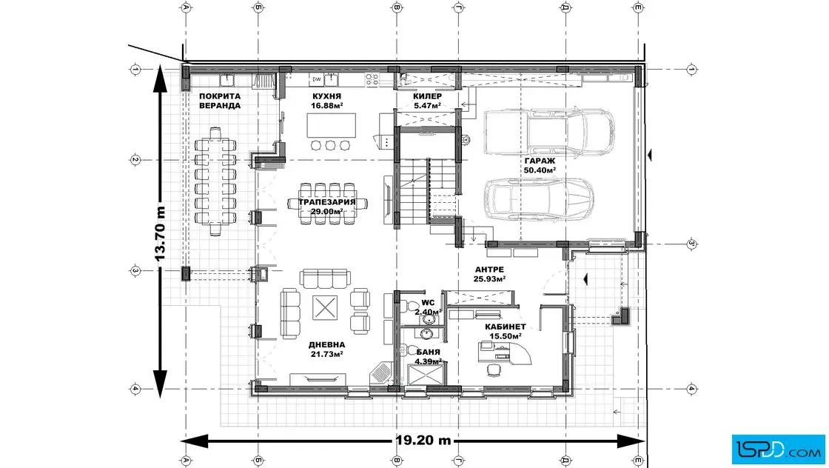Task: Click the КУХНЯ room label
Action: pyautogui.click(x=326, y=96)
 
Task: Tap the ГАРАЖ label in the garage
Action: pyautogui.click(x=540, y=161)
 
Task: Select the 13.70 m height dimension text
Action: pyautogui.click(x=160, y=233)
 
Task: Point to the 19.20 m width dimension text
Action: pyautogui.click(x=423, y=440)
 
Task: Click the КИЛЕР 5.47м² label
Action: pyautogui.click(x=427, y=101)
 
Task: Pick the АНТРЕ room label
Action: pyautogui.click(x=489, y=270)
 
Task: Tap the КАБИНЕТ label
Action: pyautogui.click(x=506, y=327)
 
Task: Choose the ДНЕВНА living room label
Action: pyautogui.click(x=326, y=345)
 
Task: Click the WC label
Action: pyautogui.click(x=428, y=303)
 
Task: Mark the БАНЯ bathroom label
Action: pyautogui.click(x=428, y=352)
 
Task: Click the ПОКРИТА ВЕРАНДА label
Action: pyautogui.click(x=220, y=101)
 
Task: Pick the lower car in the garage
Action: pyautogui.click(x=539, y=199)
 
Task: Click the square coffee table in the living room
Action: pyautogui.click(x=325, y=307)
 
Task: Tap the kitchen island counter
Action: pyautogui.click(x=332, y=125)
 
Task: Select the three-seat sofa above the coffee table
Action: pyautogui.click(x=325, y=278)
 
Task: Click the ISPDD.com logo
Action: pyautogui.click(x=778, y=449)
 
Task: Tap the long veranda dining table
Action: pyautogui.click(x=215, y=181)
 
